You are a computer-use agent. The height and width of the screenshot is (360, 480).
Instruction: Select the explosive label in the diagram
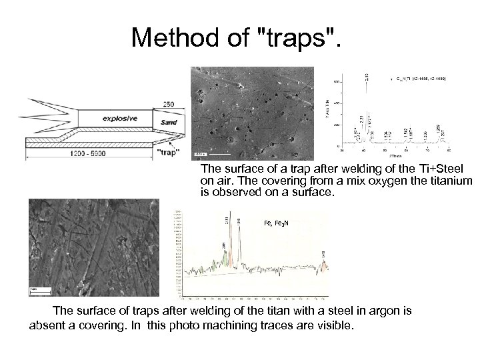click(x=120, y=119)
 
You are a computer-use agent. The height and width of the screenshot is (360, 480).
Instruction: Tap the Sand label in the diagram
click(x=169, y=123)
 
